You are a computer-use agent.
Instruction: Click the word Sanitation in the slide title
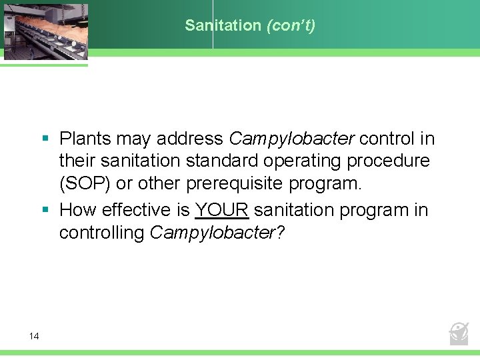pyautogui.click(x=223, y=25)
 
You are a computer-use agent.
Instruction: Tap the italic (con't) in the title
pyautogui.click(x=291, y=25)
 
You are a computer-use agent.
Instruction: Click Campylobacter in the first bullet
pyautogui.click(x=292, y=139)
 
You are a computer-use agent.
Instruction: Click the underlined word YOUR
pyautogui.click(x=222, y=210)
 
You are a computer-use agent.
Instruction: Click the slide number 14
pyautogui.click(x=34, y=336)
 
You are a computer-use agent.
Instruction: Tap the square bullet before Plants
pyautogui.click(x=46, y=139)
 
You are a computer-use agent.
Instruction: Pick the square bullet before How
pyautogui.click(x=46, y=210)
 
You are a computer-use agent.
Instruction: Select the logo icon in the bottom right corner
pyautogui.click(x=459, y=331)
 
